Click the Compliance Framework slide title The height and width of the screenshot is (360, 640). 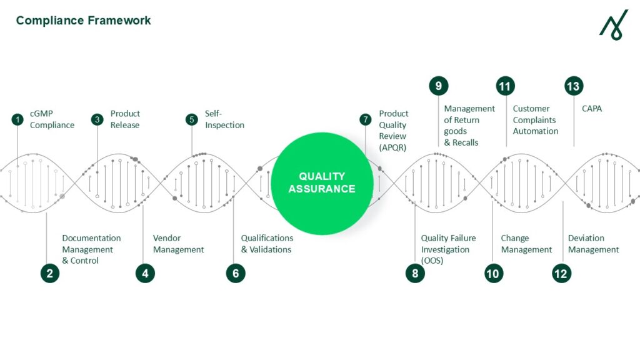pos(83,21)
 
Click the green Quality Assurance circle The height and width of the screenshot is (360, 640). pos(322,182)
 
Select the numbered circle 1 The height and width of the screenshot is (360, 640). pos(17,119)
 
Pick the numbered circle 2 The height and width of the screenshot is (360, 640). pos(50,273)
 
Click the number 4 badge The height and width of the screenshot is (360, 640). pos(145,273)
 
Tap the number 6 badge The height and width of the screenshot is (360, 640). pos(236,273)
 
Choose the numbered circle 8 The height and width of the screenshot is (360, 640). pos(415,273)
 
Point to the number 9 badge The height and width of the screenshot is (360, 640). pos(438,86)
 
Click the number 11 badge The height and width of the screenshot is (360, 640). pos(505,86)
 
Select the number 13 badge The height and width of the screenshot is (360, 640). pos(573,86)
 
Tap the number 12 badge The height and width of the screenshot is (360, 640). pos(561,273)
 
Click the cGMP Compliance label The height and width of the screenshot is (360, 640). pos(52,119)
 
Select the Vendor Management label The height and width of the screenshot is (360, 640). pos(178,244)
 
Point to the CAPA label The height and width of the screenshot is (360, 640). pos(592,109)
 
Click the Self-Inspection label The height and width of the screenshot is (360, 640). pos(224,119)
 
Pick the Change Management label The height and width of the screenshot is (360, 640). pos(526,244)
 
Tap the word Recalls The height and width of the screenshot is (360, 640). pos(465,142)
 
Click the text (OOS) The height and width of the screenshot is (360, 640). pos(432,261)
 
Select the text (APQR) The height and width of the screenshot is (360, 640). pos(392,147)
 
